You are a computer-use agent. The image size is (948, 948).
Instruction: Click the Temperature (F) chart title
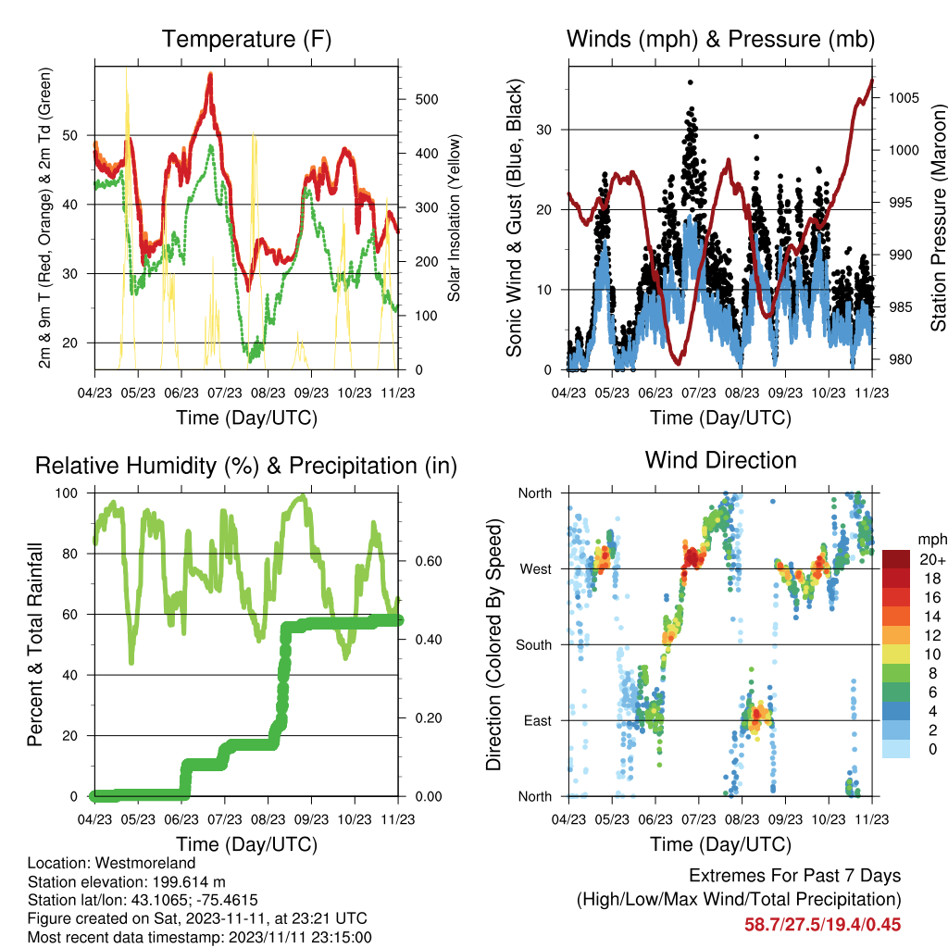click(246, 39)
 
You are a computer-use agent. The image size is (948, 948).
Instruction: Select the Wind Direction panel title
click(720, 460)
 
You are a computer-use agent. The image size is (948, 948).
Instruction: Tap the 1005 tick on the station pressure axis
click(904, 98)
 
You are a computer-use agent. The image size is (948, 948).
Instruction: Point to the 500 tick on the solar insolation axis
click(426, 99)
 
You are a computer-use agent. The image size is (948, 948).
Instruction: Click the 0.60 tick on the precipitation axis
click(428, 561)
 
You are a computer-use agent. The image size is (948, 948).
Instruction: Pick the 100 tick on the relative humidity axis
click(67, 493)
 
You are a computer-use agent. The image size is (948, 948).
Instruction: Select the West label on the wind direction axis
click(536, 569)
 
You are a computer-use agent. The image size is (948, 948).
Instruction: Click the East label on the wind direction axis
click(538, 720)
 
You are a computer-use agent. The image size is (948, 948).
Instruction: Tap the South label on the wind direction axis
click(534, 645)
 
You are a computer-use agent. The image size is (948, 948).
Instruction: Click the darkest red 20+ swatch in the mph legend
click(895, 559)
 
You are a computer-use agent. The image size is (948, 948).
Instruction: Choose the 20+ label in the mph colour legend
click(931, 560)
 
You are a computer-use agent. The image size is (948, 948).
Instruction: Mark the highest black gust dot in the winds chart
click(691, 82)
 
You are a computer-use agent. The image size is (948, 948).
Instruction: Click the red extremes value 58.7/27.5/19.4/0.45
click(822, 925)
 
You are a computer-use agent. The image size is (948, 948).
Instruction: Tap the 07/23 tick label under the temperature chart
click(225, 393)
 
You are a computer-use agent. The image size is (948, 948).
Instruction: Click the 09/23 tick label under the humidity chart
click(311, 819)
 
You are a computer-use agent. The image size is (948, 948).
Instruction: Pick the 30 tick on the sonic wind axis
click(543, 130)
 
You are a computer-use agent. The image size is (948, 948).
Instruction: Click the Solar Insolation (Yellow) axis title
click(454, 218)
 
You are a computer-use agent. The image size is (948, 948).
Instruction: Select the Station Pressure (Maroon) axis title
click(938, 218)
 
